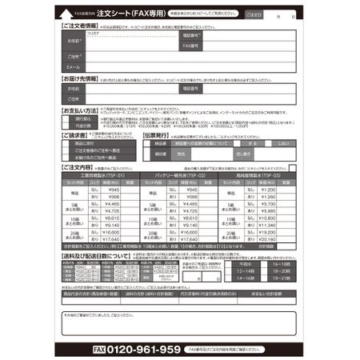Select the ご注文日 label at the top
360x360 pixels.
[x=254, y=14]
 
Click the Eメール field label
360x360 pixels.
[x=74, y=66]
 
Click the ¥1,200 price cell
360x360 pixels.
[x=267, y=190]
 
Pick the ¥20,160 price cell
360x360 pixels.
[x=267, y=239]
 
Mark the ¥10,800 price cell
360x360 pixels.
[x=267, y=218]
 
